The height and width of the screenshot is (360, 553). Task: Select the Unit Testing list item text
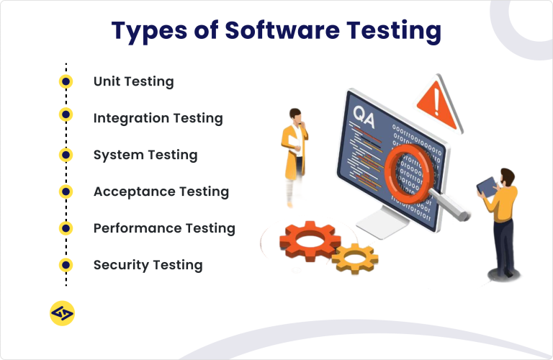pos(133,81)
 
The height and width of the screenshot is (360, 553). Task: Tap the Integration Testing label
pos(158,118)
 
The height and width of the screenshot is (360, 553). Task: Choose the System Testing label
pos(145,155)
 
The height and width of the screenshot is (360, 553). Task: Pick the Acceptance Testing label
pos(161,192)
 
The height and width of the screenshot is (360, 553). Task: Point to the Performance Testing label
pos(164,228)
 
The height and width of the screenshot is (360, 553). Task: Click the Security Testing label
pos(148,265)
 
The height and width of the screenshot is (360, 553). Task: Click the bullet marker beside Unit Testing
pos(66,81)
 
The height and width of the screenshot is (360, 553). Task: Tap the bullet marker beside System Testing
pos(66,155)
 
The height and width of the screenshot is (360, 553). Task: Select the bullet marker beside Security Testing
pos(66,265)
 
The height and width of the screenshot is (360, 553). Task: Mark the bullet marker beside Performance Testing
pos(66,228)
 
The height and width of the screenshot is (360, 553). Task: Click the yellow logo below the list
pos(63,313)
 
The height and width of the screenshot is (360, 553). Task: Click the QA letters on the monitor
pos(364,114)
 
